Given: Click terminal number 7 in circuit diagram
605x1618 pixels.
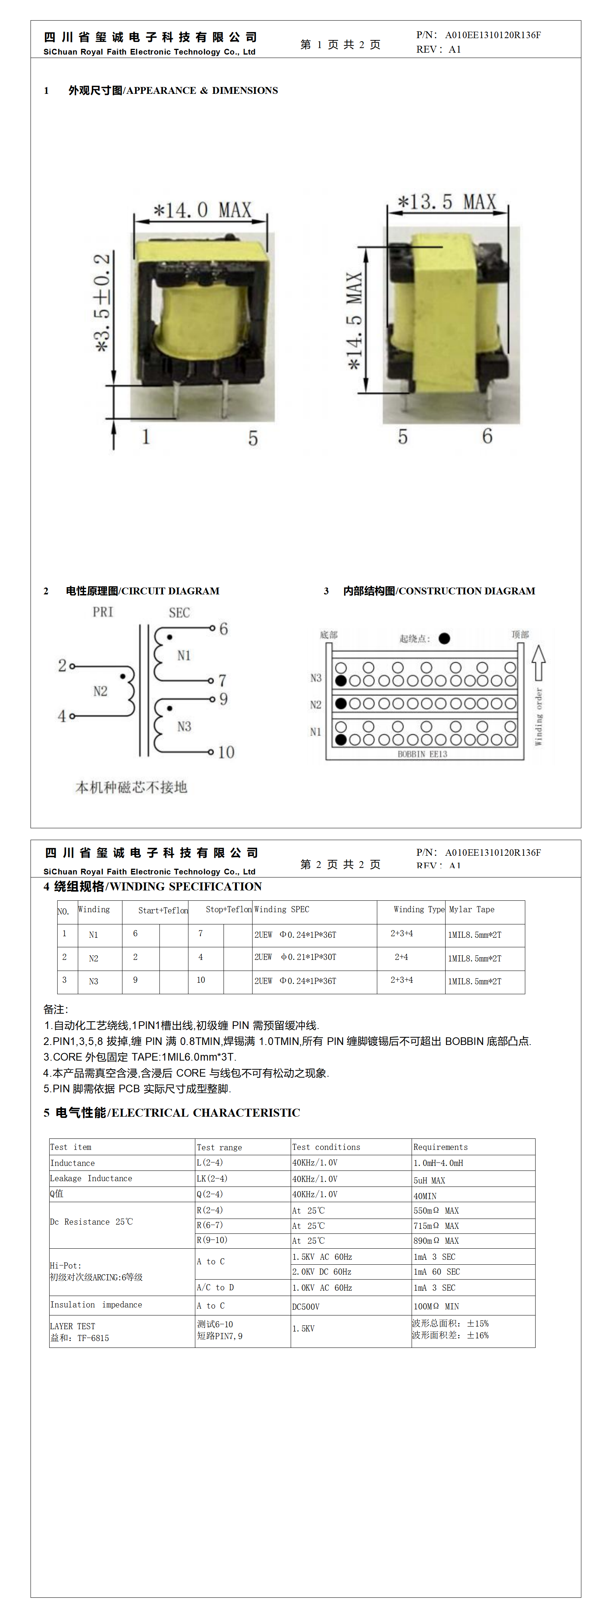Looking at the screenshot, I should [222, 680].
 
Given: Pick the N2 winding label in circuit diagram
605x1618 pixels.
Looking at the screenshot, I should [101, 691].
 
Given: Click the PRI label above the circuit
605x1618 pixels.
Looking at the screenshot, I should [103, 612].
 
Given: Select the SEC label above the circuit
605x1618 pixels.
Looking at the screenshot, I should [179, 612].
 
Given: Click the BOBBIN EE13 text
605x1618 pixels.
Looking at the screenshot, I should [422, 754].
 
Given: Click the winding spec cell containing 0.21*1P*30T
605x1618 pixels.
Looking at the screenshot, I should [295, 957].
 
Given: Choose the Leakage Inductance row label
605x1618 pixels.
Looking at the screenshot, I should [91, 1178].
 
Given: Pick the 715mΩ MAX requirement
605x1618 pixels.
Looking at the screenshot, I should [436, 1225].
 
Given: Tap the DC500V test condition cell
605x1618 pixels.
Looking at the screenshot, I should [306, 1306].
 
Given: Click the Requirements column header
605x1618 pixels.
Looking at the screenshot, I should [441, 1147].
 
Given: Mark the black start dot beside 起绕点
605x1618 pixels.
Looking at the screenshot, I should [444, 638].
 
